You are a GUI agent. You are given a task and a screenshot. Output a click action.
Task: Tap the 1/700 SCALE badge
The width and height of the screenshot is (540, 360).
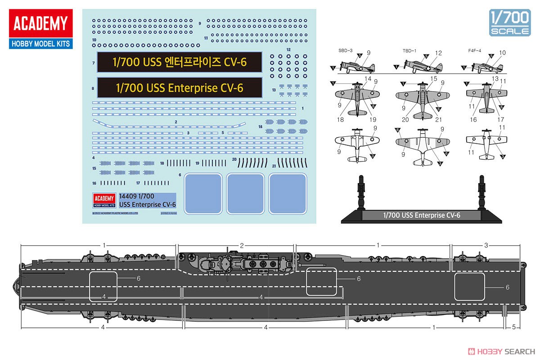tap(510, 22)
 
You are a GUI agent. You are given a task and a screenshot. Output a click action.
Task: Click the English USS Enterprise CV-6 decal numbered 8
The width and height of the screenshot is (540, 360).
tap(179, 87)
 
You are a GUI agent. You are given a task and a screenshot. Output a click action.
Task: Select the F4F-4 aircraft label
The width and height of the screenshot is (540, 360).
tap(474, 50)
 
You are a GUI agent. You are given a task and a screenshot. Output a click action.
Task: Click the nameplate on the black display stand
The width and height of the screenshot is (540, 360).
tap(422, 215)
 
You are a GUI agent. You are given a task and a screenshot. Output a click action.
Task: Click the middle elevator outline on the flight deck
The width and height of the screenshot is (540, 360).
tap(321, 283)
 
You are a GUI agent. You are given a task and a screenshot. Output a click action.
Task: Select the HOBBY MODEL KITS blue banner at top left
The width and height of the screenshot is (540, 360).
tap(40, 44)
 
